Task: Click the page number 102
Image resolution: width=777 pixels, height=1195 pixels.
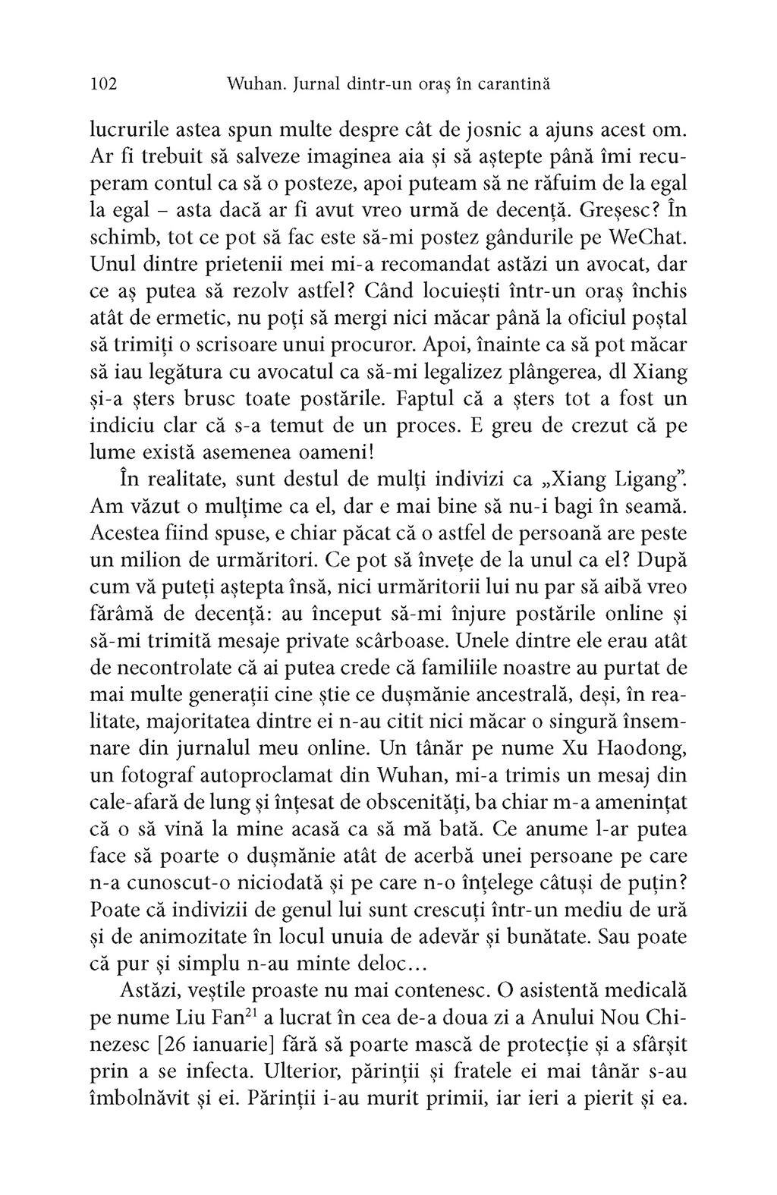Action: point(103,84)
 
